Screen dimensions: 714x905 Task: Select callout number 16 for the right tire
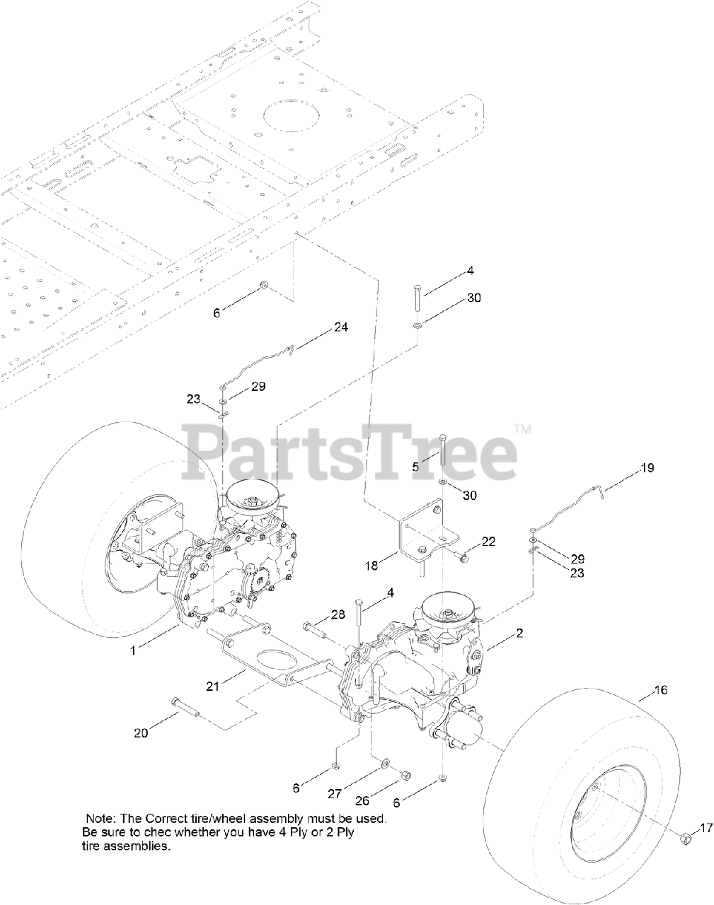[x=660, y=690]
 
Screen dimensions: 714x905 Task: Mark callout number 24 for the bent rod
[x=341, y=327]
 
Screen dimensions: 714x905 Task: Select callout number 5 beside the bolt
[x=416, y=466]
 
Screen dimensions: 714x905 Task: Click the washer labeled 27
[x=384, y=764]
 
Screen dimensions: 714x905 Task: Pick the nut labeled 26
[x=405, y=776]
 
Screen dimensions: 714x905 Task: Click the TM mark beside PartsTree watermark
[x=522, y=428]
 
